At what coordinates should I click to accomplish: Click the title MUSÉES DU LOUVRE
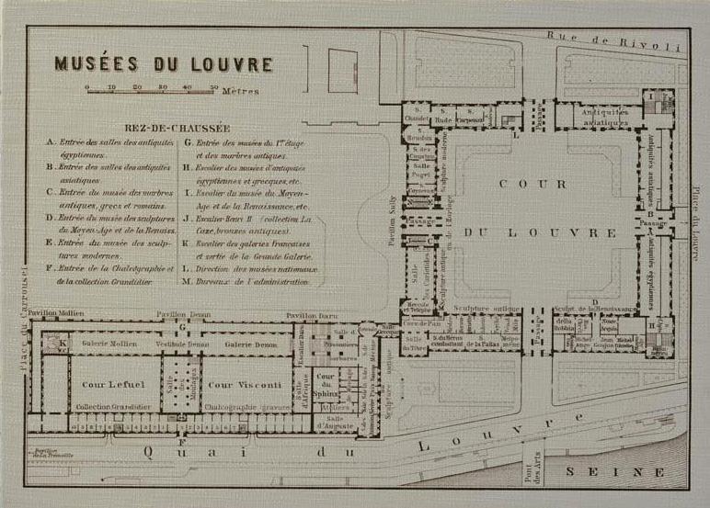point(164,64)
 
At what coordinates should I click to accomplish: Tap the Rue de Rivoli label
point(614,40)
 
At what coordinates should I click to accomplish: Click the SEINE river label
point(615,472)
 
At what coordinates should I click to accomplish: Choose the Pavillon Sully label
point(392,213)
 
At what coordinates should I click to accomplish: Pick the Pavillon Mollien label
point(55,313)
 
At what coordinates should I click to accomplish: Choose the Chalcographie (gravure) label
point(242,407)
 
